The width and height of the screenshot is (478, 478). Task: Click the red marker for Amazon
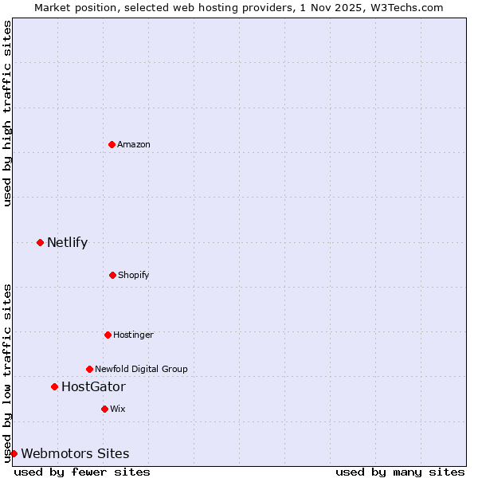tap(112, 144)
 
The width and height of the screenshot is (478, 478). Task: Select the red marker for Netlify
tap(40, 242)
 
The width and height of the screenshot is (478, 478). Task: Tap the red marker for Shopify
tap(112, 275)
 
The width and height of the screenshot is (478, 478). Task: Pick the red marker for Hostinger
tap(108, 335)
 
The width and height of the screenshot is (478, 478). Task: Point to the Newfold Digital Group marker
tap(89, 369)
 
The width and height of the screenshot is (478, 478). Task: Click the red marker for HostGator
tap(54, 386)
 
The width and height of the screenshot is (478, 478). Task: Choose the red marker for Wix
tap(104, 409)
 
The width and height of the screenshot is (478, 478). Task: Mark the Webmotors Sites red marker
tap(14, 453)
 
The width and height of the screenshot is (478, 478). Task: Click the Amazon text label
tap(134, 144)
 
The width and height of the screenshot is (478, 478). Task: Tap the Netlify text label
tap(67, 242)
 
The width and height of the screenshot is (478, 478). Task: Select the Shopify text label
tap(134, 275)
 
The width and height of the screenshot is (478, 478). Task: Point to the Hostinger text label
tap(133, 335)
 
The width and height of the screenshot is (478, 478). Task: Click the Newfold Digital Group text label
tap(141, 369)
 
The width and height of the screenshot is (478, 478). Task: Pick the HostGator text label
tap(93, 386)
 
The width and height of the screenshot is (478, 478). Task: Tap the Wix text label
tap(118, 409)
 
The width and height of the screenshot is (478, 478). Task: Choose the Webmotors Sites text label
tap(75, 453)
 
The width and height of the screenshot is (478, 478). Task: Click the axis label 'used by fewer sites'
tap(82, 472)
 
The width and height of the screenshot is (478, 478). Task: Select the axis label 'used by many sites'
tap(400, 472)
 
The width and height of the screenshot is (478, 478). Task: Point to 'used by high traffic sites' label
tap(7, 113)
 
